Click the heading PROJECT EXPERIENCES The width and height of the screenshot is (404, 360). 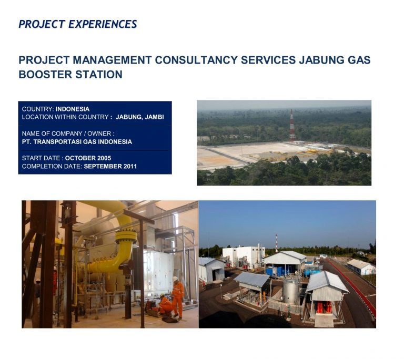(x=77, y=24)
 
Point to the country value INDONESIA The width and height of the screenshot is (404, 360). (x=73, y=109)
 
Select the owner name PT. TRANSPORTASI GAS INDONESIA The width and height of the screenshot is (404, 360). (x=77, y=141)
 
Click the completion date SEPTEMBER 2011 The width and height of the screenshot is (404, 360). (x=110, y=166)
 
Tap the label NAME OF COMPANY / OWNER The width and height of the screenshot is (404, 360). (x=68, y=133)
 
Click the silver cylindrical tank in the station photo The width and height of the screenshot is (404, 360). (x=291, y=290)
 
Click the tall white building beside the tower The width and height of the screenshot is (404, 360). (x=243, y=256)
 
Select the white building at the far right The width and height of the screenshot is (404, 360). (x=361, y=266)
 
